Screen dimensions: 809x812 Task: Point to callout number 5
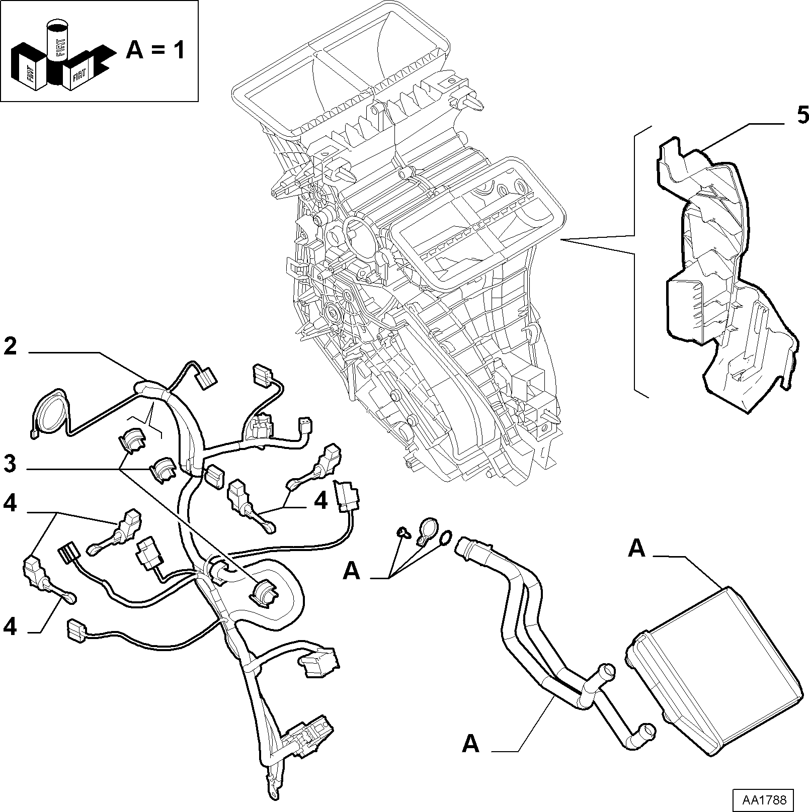(802, 117)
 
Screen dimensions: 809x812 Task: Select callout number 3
(10, 464)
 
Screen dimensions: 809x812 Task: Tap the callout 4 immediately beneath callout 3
(10, 504)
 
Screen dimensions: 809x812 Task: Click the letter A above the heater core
(636, 550)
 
